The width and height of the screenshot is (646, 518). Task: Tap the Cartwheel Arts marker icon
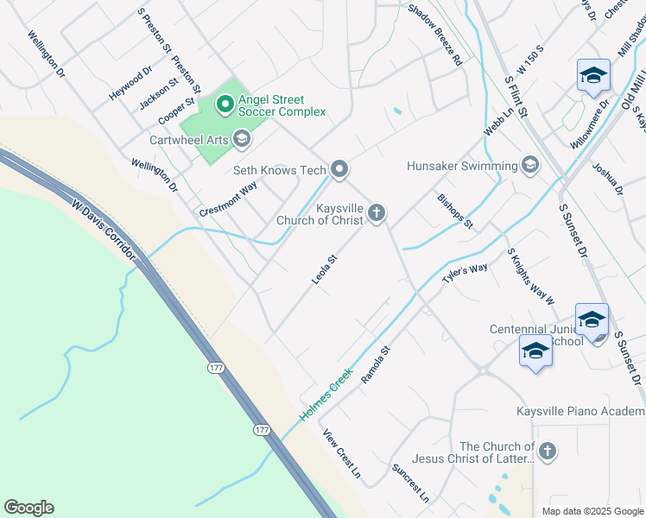coord(242,138)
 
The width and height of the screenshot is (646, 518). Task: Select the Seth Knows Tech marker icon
coord(339,169)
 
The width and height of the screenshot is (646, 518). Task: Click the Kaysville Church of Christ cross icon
coord(376,212)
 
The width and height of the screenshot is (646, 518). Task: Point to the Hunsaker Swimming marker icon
coord(530,165)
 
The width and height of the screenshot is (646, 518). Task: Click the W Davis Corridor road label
coord(104,231)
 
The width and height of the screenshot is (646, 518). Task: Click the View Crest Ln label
coord(341,454)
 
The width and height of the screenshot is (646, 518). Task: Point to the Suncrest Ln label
coord(409,483)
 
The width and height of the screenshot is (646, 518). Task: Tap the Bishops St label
coord(454,211)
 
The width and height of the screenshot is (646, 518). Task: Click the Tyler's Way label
coord(465,274)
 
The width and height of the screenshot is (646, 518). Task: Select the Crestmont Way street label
coord(228,199)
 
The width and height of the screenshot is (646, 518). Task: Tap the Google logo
coord(28,508)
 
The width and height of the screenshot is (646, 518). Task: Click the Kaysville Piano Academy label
coord(580,412)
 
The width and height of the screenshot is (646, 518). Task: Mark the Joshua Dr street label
coord(606,178)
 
